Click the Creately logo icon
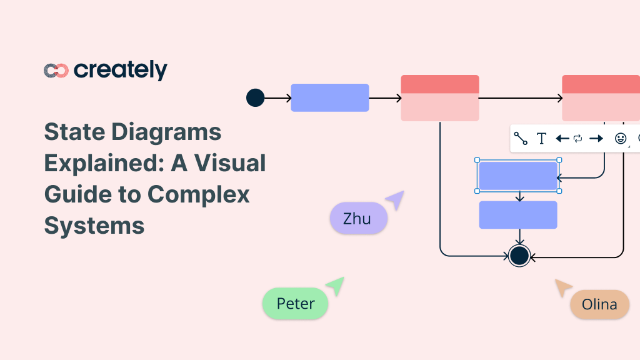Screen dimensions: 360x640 coord(56,71)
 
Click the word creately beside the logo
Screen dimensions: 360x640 coord(121,71)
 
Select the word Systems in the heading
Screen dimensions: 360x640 coord(94,225)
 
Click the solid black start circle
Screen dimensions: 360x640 coord(255,97)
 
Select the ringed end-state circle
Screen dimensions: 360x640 coord(519,255)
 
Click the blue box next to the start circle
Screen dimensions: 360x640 coord(329,97)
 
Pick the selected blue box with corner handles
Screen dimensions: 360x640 coord(517,176)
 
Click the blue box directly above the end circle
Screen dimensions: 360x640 coord(517,215)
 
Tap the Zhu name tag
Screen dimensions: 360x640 coord(358,219)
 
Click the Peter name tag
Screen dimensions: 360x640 coord(295,304)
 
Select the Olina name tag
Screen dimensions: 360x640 coord(599,304)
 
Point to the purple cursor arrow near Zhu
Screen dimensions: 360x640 coord(395,200)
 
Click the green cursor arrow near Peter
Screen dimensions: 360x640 coord(335,286)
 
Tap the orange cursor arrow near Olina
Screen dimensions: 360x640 coord(563,287)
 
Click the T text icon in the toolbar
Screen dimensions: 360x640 coord(542,139)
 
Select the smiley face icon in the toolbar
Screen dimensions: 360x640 coord(620,139)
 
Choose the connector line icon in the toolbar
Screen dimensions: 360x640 coord(521,139)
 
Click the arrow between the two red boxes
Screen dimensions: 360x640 coord(520,98)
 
